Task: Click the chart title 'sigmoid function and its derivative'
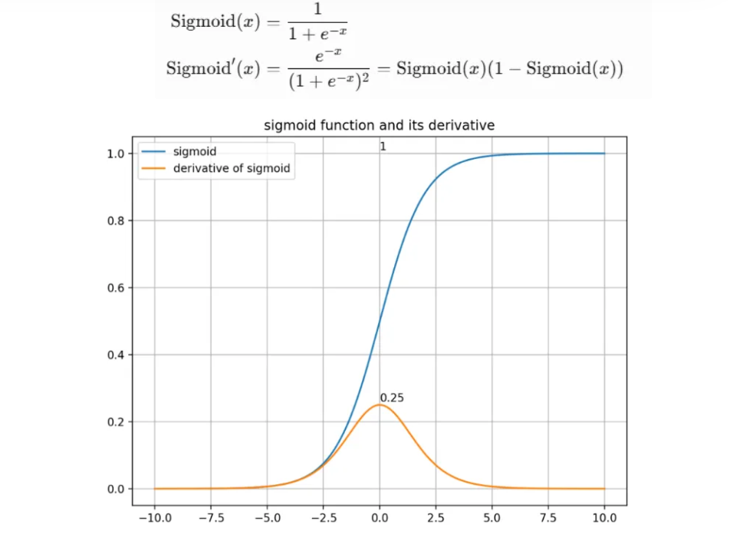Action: [x=379, y=125]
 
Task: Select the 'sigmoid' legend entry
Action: [x=195, y=151]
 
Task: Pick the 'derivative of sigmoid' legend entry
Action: [x=232, y=168]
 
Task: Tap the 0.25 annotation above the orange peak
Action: [x=392, y=398]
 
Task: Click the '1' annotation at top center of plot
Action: [x=383, y=147]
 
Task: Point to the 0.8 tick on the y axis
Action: [x=116, y=221]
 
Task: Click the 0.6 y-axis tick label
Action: [x=116, y=288]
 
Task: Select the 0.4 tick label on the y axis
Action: [x=116, y=355]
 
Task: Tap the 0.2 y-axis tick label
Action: [x=116, y=422]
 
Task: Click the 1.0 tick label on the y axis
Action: [x=116, y=154]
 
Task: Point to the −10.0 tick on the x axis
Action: [x=156, y=518]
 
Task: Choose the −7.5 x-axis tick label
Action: [x=212, y=518]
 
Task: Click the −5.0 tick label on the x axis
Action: [x=268, y=518]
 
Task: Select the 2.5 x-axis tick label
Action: [x=436, y=518]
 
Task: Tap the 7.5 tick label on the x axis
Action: [x=548, y=518]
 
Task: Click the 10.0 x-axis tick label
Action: [x=605, y=518]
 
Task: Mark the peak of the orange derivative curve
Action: [x=380, y=405]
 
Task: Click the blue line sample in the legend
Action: [x=153, y=151]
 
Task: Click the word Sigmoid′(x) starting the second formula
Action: [x=213, y=69]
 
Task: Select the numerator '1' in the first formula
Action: [x=317, y=9]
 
